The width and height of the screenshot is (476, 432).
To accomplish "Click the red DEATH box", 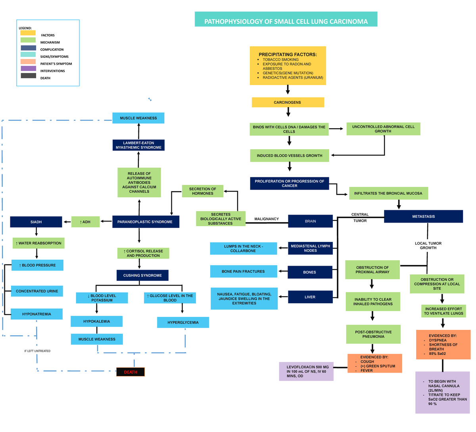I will pyautogui.click(x=131, y=372).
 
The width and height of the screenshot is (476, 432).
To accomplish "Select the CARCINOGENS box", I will pyautogui.click(x=288, y=103).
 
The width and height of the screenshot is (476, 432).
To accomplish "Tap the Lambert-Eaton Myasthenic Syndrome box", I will pyautogui.click(x=138, y=145).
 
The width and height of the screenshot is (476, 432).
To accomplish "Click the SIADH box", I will pyautogui.click(x=36, y=222).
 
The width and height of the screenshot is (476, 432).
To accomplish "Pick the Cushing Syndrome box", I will pyautogui.click(x=142, y=275).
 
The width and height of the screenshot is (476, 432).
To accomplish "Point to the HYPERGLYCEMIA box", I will pyautogui.click(x=183, y=322).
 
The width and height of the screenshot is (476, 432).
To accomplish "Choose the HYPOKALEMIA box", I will pyautogui.click(x=96, y=321).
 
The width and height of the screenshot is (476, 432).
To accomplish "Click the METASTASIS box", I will pyautogui.click(x=423, y=217).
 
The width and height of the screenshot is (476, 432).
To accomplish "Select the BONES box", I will pyautogui.click(x=310, y=272).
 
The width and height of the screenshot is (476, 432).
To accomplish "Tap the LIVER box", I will pyautogui.click(x=310, y=297).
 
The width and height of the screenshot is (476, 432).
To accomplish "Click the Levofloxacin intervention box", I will pyautogui.click(x=306, y=371).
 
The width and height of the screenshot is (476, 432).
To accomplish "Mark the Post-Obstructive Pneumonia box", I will pyautogui.click(x=373, y=335).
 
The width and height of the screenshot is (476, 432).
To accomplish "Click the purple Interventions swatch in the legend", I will pyautogui.click(x=28, y=69).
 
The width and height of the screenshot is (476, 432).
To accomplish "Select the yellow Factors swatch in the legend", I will pyautogui.click(x=28, y=33).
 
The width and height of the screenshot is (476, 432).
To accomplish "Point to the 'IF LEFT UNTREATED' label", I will pyautogui.click(x=37, y=351).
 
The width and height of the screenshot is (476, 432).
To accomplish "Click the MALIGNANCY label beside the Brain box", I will pyautogui.click(x=267, y=219).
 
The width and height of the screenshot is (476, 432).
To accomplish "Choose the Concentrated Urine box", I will pyautogui.click(x=37, y=291).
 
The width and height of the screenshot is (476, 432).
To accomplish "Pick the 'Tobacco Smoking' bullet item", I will pyautogui.click(x=280, y=59).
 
